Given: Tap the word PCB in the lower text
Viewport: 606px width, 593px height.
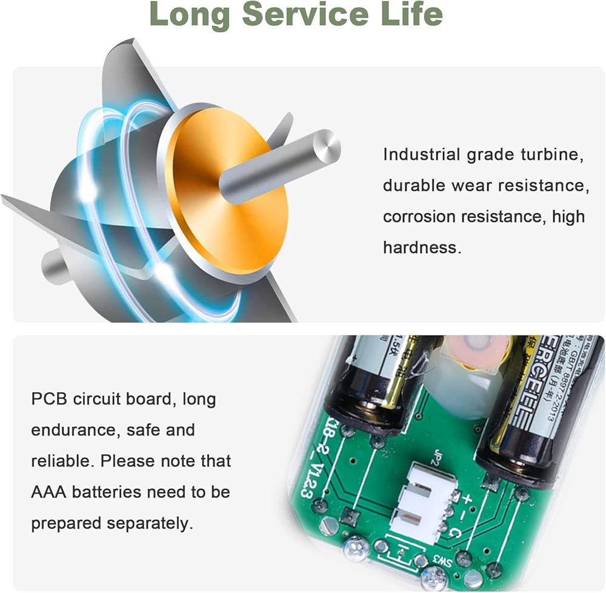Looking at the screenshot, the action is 49,399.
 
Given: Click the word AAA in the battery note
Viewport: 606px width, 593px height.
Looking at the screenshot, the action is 48,491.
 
